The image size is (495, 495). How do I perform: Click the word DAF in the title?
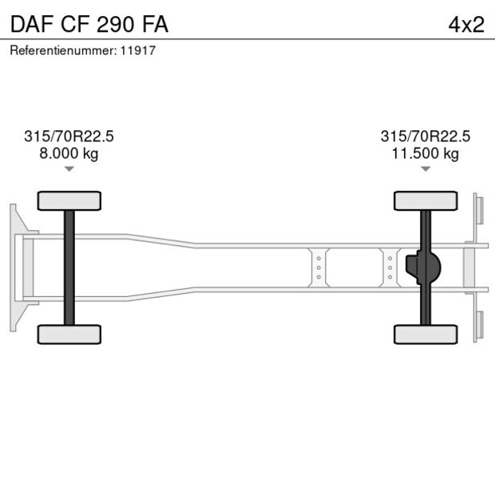(x=30, y=24)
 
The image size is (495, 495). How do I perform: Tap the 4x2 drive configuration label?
(x=466, y=24)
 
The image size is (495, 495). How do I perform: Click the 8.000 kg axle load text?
(x=69, y=153)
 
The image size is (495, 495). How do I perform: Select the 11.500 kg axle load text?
(x=426, y=153)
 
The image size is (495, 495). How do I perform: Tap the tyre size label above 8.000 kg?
(x=69, y=137)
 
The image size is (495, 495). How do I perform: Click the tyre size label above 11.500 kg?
(x=426, y=137)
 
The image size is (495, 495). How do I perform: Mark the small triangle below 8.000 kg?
(x=69, y=168)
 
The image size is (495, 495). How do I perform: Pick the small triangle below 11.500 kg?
(x=426, y=168)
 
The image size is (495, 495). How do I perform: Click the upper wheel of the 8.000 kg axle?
(x=69, y=200)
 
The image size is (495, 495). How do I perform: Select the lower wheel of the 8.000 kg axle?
(x=69, y=334)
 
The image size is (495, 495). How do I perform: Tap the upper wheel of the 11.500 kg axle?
(x=426, y=200)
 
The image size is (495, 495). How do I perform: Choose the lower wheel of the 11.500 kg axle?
(x=426, y=334)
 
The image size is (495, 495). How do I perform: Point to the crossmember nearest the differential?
(x=390, y=267)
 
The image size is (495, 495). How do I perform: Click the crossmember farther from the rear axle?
(x=319, y=267)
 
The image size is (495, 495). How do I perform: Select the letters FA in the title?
(x=156, y=24)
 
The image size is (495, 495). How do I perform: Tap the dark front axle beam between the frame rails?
(x=69, y=267)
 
